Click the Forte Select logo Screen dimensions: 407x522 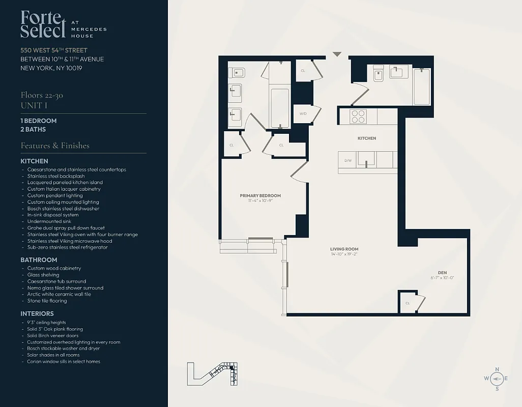43,24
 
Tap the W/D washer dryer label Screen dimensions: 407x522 303,114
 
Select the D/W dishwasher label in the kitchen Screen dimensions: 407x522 348,161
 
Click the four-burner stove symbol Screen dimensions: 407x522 358,117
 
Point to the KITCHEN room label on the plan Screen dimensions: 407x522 366,138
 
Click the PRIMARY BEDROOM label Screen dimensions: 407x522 260,195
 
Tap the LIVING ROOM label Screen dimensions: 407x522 344,249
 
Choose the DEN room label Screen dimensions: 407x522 442,272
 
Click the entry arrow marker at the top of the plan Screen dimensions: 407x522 337,54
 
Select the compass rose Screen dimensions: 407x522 497,379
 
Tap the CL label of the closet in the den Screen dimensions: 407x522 408,303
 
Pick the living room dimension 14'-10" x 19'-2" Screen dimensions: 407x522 344,254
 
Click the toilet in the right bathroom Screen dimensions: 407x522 378,74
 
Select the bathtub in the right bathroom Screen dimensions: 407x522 422,86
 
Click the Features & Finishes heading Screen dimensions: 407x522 55,146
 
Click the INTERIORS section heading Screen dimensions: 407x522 37,313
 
